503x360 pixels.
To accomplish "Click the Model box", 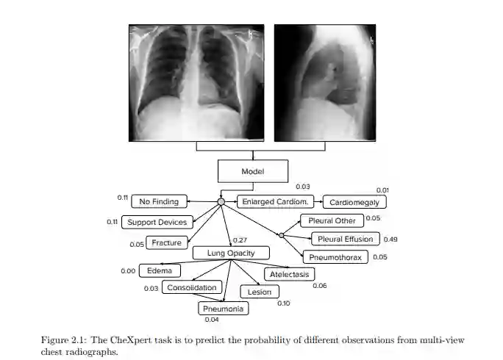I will tap(252, 171).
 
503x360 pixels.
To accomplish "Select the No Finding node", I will tap(160, 201).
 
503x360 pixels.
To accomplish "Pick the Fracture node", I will tap(167, 242).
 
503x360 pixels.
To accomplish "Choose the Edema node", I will tap(159, 270).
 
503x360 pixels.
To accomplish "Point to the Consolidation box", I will tap(192, 288).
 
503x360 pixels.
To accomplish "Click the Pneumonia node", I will tap(223, 309).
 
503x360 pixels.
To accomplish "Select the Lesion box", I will tap(260, 292).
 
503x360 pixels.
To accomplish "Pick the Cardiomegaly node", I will tap(354, 202).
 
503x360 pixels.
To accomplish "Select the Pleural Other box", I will tap(331, 220).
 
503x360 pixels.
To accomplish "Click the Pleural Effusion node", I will tap(345, 239).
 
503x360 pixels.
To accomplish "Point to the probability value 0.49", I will tap(390, 240).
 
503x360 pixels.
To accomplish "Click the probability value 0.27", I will tap(239, 240).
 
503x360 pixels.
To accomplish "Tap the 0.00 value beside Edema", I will tap(128, 271).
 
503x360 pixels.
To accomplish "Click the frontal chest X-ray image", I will tap(195, 82).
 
